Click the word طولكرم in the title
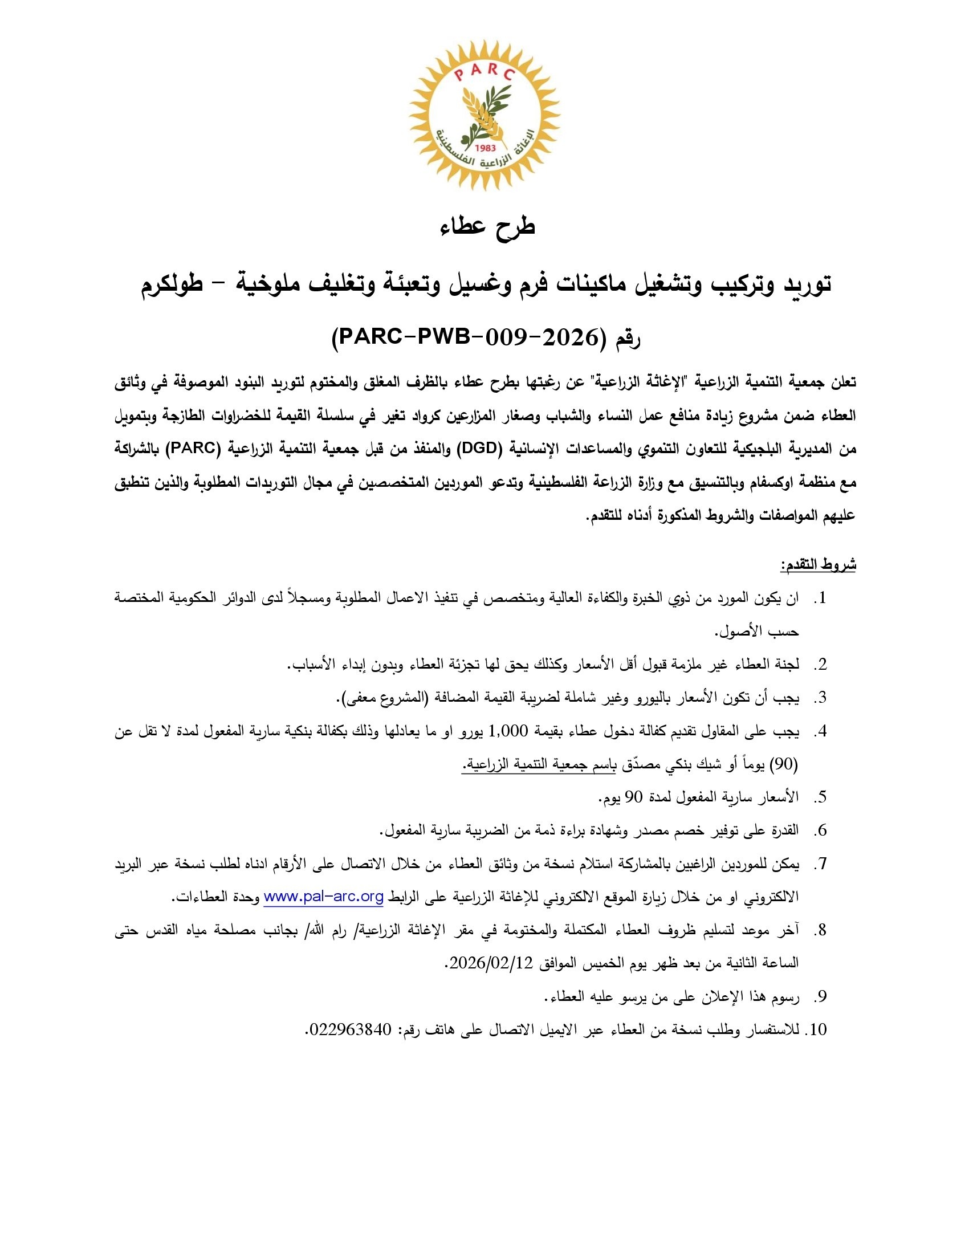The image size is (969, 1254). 172,285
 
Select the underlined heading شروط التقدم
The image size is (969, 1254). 818,564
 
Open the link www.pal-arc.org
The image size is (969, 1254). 324,897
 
